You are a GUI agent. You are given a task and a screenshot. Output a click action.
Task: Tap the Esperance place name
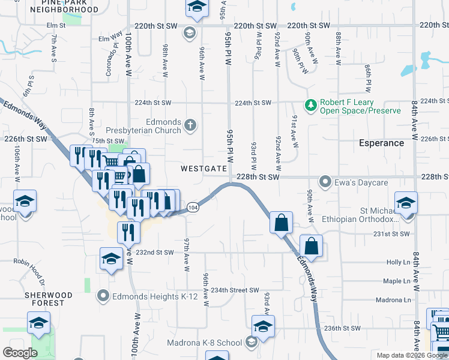(381, 143)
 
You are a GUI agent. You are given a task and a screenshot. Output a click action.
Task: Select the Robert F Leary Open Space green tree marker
(310, 106)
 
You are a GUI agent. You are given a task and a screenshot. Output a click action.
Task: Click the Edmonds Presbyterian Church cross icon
(190, 125)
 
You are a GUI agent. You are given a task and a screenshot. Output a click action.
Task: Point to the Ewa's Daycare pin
(325, 181)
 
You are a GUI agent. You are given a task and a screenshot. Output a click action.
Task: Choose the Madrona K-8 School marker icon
(251, 343)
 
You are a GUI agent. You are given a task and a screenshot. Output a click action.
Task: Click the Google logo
(20, 353)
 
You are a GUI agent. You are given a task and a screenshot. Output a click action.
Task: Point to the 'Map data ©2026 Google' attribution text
(412, 355)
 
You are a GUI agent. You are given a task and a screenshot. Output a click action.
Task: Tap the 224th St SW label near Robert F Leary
(254, 103)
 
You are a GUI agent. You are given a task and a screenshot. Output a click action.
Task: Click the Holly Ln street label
(398, 262)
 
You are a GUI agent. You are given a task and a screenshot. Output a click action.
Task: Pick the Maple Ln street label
(396, 281)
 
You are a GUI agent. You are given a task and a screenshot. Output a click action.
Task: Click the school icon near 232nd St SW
(111, 259)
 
